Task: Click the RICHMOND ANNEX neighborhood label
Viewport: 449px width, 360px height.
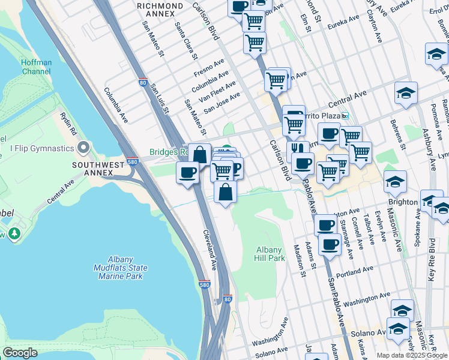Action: tap(160, 6)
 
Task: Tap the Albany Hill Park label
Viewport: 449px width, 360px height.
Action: tap(270, 254)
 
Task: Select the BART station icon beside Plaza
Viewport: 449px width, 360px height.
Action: tap(345, 116)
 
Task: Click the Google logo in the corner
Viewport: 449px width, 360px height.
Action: tap(20, 353)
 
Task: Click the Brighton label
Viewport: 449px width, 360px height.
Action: tap(403, 202)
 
